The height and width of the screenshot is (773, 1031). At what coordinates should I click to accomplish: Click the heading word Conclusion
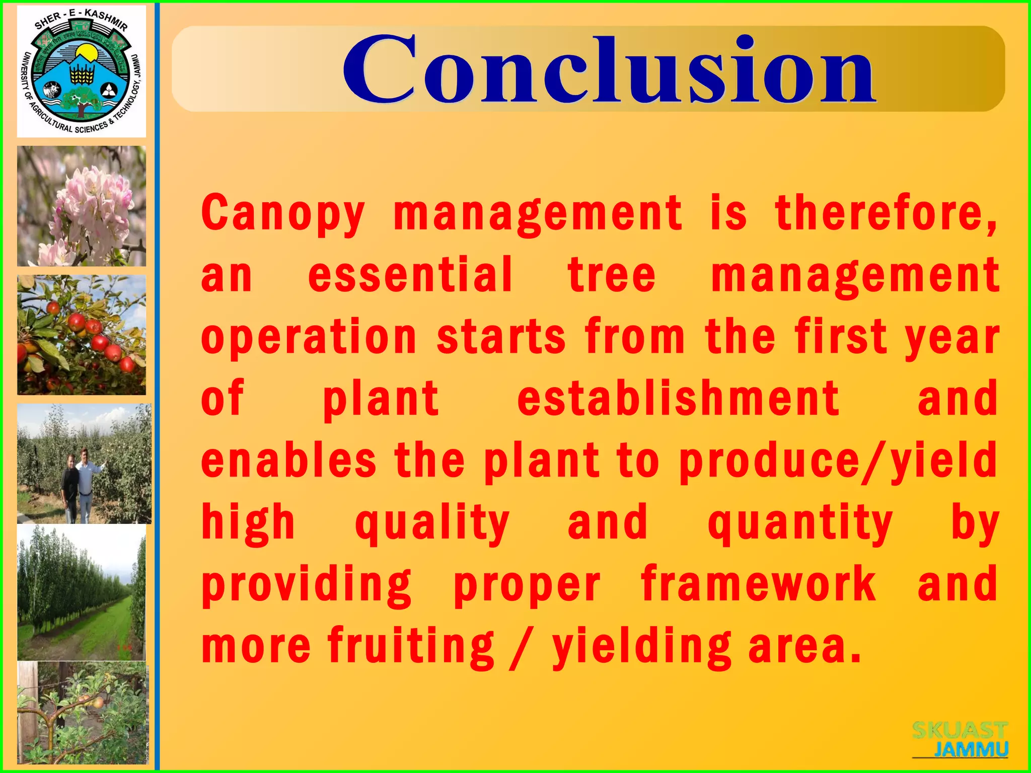coord(609,69)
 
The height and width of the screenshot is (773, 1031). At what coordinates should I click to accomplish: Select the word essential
coord(410,275)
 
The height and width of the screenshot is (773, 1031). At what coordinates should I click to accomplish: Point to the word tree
coord(611,275)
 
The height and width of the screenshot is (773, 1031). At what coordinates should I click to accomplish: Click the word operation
coord(309,337)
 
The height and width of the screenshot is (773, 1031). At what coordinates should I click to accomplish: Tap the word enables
coord(288,460)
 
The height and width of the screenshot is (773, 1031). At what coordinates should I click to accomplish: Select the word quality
coord(432,523)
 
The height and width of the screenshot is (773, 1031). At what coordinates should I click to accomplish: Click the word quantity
coord(800,523)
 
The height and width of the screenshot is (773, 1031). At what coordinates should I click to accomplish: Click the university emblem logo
coord(82,71)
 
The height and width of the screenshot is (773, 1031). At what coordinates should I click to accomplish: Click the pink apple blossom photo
coord(82,206)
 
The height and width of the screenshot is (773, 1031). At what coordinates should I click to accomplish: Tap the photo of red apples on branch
coord(82,335)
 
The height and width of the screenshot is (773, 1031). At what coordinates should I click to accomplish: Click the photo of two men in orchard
coord(84,463)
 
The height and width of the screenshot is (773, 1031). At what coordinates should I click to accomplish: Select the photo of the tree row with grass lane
coord(82,592)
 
